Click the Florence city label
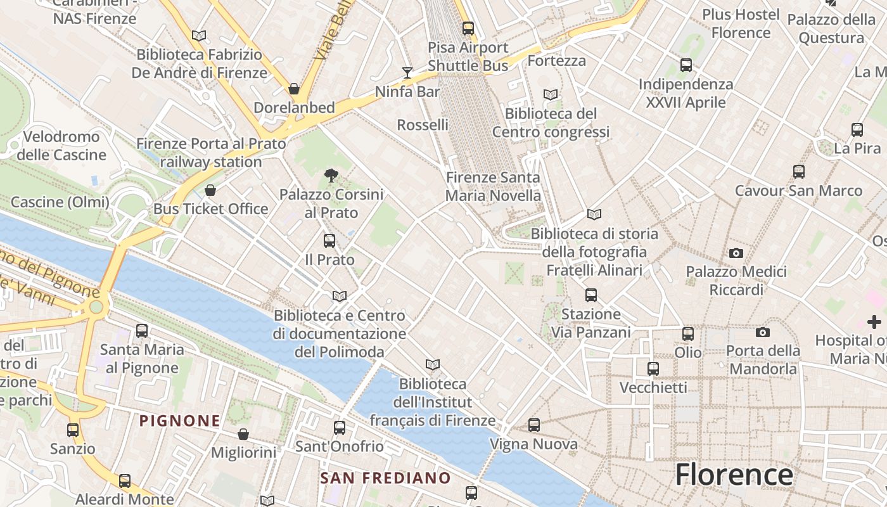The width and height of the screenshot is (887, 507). click(x=734, y=475)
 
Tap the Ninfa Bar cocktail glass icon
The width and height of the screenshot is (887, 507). click(x=407, y=73)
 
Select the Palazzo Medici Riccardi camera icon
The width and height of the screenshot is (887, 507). click(x=736, y=253)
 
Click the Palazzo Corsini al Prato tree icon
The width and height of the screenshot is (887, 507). click(x=331, y=176)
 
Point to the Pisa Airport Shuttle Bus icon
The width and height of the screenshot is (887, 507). click(x=468, y=29)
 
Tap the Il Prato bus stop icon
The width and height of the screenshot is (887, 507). click(x=329, y=241)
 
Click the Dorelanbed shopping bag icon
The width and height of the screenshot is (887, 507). click(x=294, y=89)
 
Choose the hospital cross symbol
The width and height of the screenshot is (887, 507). click(x=874, y=322)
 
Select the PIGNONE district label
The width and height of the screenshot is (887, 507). click(x=180, y=420)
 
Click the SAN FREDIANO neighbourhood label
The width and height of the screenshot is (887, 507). click(x=385, y=478)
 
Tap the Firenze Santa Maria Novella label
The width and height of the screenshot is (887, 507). click(x=493, y=186)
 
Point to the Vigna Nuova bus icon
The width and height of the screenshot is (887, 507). click(x=534, y=425)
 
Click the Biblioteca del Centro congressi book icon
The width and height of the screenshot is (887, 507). click(x=551, y=95)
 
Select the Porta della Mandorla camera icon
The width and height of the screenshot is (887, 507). click(x=763, y=332)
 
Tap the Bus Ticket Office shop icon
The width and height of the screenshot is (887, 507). click(x=210, y=190)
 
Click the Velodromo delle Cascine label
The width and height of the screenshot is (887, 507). click(x=61, y=146)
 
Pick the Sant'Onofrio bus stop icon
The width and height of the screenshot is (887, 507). click(x=340, y=428)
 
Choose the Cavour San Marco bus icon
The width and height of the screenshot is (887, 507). click(x=799, y=172)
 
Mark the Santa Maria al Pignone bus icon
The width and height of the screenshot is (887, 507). click(x=142, y=330)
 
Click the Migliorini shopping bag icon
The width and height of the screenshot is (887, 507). click(x=243, y=434)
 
